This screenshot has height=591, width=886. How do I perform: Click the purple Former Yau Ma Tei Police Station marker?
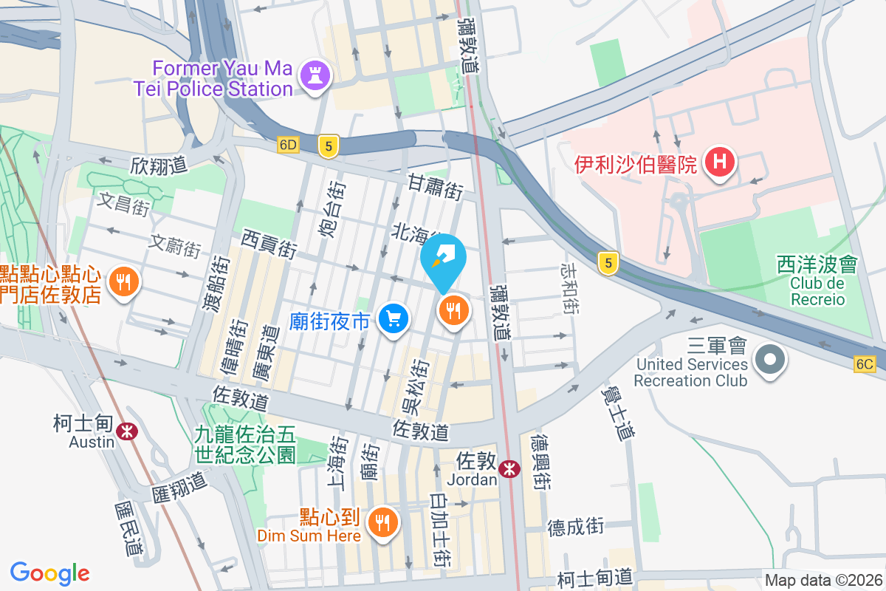[x=316, y=77]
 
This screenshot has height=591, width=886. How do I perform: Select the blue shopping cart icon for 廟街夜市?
[x=394, y=319]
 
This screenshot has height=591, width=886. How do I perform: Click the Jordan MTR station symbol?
[x=509, y=468]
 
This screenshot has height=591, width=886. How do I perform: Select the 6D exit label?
[x=288, y=146]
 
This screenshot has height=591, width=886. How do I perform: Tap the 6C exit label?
[x=865, y=363]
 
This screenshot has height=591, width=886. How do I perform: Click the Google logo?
[x=50, y=573]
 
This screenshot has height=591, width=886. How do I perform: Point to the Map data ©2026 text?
[x=823, y=581]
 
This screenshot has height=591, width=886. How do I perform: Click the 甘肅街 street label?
[x=436, y=187]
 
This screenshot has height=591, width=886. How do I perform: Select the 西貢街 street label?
[x=269, y=244]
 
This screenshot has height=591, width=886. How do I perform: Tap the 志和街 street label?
[x=570, y=287]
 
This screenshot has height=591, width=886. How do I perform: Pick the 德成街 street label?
[x=576, y=527]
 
